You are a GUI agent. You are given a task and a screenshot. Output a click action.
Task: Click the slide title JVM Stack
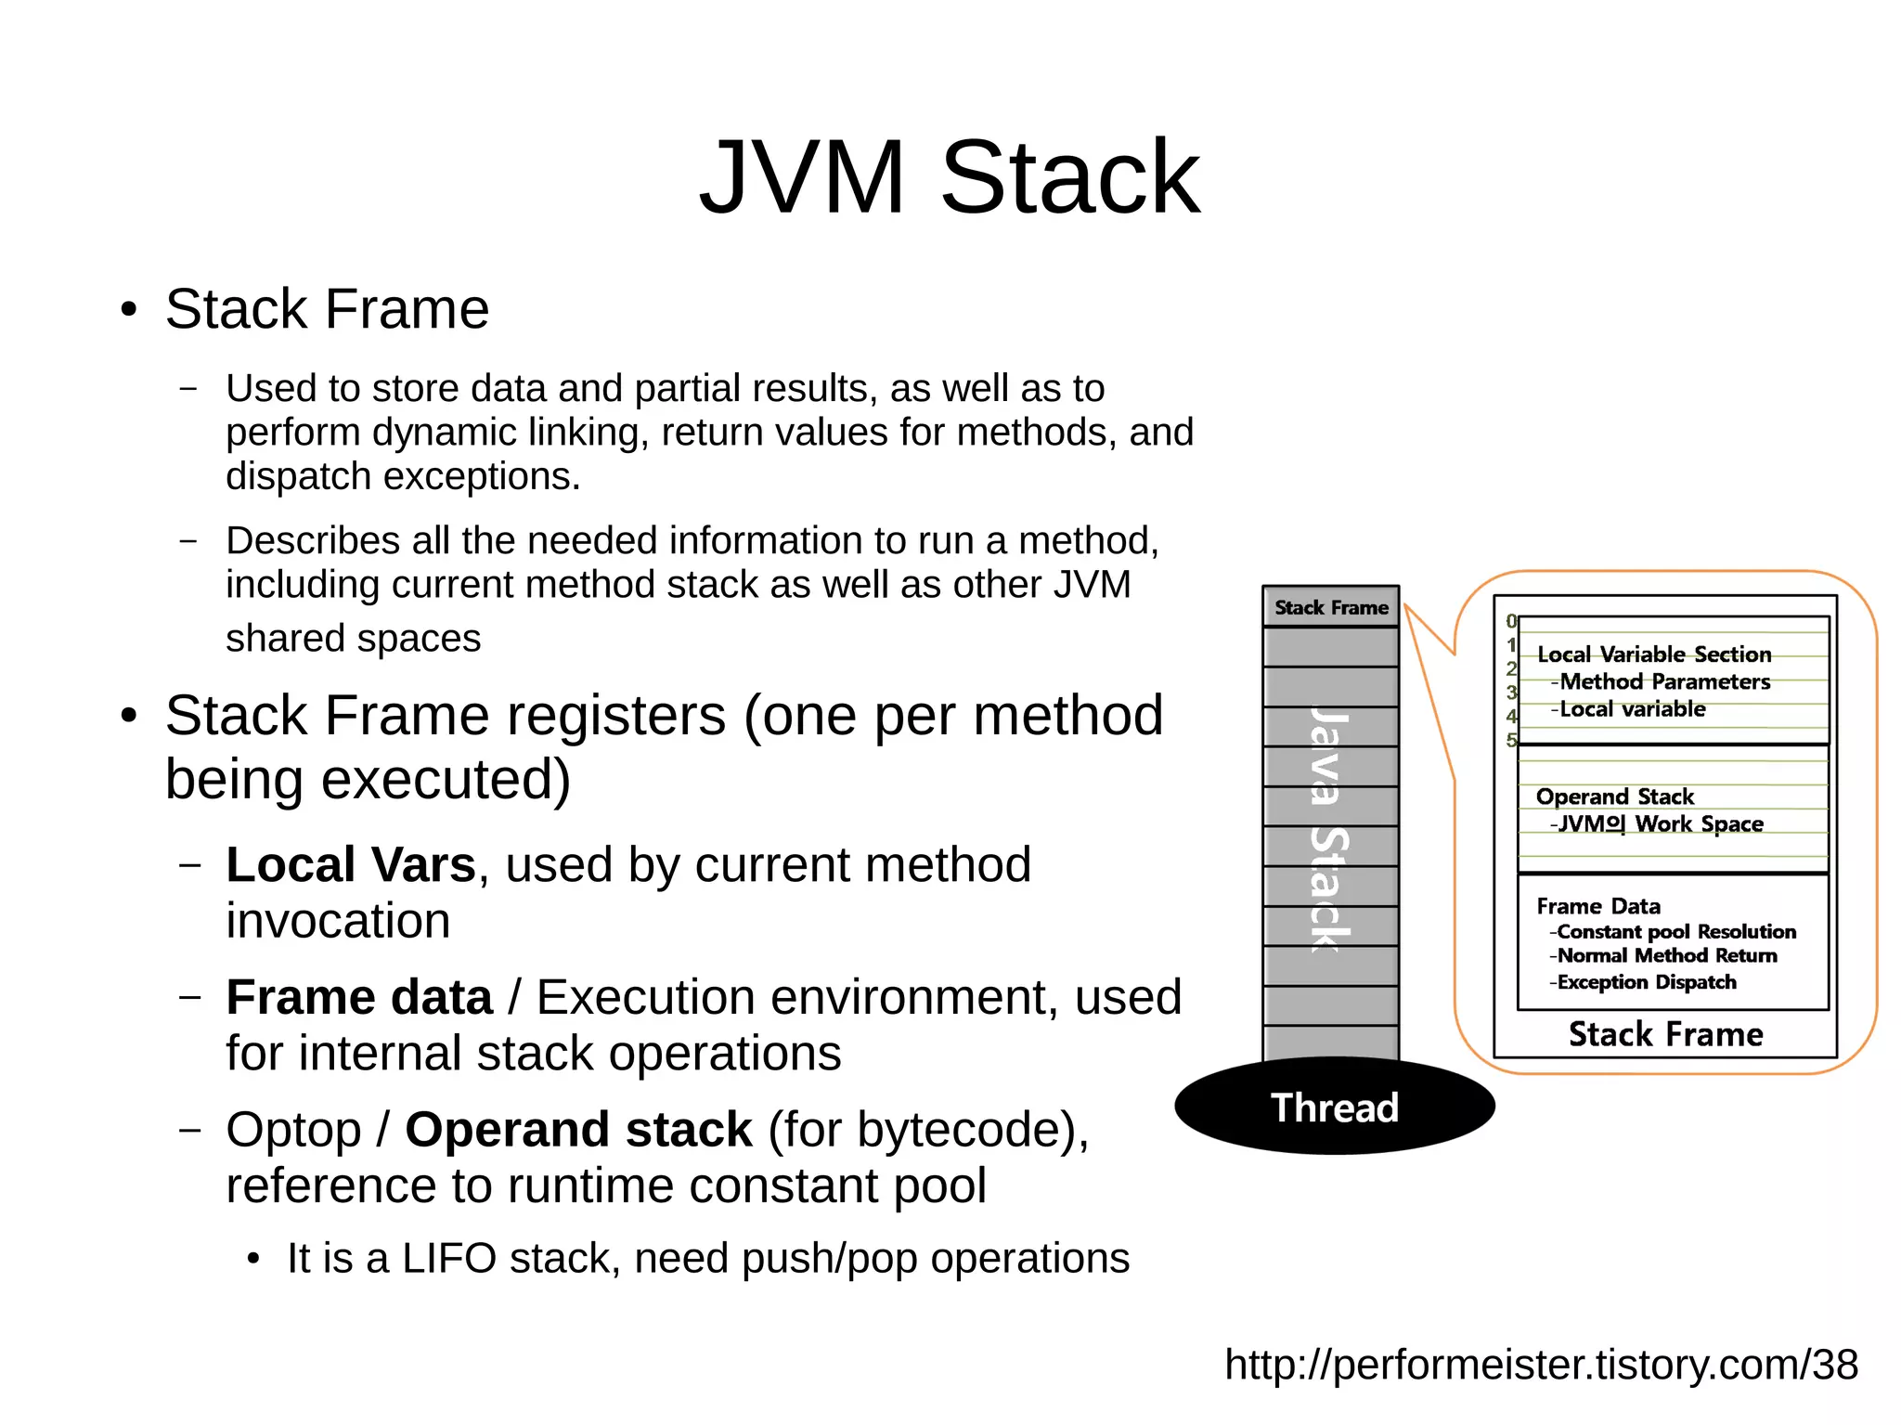(x=949, y=176)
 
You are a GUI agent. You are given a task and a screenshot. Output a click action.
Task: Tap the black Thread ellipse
(x=1334, y=1108)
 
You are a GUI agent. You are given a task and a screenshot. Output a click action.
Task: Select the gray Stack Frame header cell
(x=1330, y=608)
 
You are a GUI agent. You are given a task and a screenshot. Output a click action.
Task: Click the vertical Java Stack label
(x=1329, y=831)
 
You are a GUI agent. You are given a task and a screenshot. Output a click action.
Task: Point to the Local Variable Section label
(x=1654, y=654)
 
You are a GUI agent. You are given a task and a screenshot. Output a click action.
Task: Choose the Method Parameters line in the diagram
(x=1664, y=682)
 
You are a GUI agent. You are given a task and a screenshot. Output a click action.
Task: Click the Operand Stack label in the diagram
(x=1614, y=797)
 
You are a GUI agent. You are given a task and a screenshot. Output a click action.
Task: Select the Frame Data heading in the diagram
(x=1597, y=906)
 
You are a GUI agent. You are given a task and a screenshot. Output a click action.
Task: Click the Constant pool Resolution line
(x=1675, y=931)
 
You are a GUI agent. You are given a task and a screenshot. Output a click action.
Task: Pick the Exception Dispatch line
(x=1646, y=982)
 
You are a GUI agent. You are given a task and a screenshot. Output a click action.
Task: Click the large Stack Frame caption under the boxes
(x=1665, y=1034)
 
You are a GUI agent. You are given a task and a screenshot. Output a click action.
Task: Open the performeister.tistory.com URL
(x=1541, y=1365)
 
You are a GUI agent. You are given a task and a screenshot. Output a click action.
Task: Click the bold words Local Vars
(x=351, y=865)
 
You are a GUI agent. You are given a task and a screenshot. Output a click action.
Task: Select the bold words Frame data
(x=359, y=998)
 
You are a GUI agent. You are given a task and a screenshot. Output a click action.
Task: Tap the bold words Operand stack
(x=578, y=1130)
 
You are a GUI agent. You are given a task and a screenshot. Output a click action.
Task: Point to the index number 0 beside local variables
(x=1511, y=621)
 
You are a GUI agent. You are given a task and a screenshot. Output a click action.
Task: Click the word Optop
(x=293, y=1130)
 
